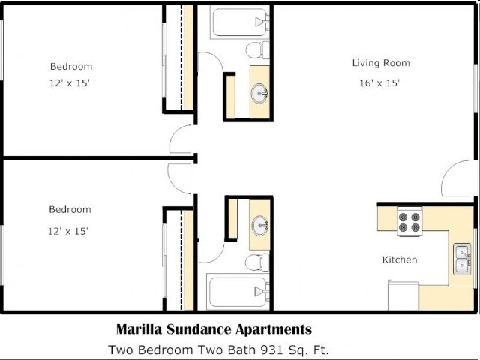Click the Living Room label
381,63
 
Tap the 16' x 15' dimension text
381,82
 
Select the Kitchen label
399,259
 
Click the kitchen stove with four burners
409,222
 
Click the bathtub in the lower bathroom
238,292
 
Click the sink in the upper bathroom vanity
260,93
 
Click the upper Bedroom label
71,66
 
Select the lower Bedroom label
70,209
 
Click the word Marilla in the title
139,329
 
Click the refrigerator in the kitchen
403,295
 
